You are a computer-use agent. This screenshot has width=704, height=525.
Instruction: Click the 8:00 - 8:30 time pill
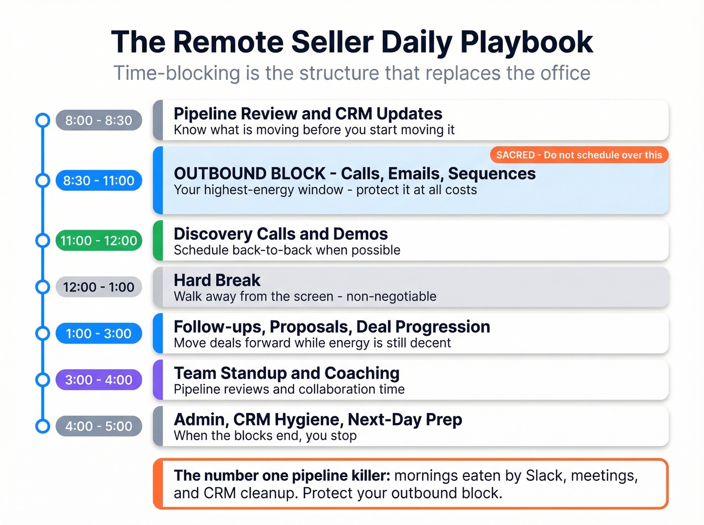[x=99, y=121]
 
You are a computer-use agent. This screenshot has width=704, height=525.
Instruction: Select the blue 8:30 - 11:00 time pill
[x=99, y=181]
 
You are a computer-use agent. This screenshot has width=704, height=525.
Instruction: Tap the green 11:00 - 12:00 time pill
[x=99, y=241]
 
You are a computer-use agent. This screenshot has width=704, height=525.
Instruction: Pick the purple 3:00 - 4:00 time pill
[x=99, y=380]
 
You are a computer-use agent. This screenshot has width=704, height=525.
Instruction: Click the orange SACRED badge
[x=579, y=155]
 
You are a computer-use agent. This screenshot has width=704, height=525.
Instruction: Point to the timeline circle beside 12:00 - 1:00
[x=43, y=287]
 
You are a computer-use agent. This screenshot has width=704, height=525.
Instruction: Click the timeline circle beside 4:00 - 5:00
[x=43, y=426]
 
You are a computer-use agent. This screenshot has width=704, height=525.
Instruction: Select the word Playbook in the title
[x=526, y=42]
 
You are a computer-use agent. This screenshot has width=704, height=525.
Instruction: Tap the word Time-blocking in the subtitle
[x=177, y=73]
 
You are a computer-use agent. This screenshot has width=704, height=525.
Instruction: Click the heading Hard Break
[x=217, y=280]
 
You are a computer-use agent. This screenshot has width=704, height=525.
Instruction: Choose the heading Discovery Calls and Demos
[x=281, y=234]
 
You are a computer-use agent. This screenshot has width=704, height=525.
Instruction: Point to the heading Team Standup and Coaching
[x=287, y=373]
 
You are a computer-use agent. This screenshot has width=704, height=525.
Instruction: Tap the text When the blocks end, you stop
[x=265, y=436]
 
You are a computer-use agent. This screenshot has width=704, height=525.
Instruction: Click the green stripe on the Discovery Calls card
[x=158, y=241]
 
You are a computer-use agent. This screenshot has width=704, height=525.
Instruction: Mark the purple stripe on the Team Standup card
[x=158, y=380]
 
